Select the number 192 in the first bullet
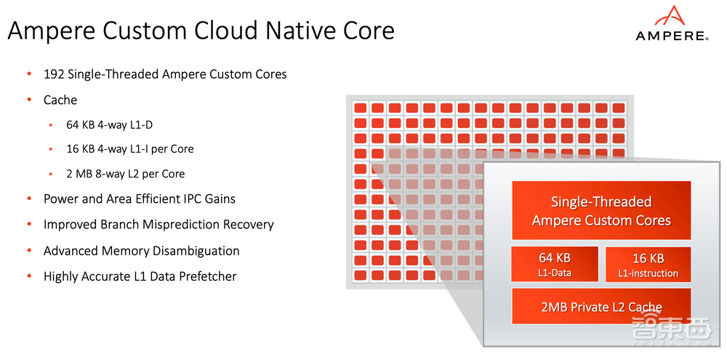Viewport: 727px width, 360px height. point(55,74)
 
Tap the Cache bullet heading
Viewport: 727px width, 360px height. point(60,100)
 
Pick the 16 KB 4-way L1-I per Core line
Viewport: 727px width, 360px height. point(129,149)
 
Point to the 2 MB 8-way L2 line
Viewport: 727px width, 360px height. point(125,174)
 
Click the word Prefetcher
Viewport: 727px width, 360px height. point(205,276)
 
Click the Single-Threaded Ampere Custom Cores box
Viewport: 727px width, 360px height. point(601,211)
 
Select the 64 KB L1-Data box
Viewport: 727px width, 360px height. point(555,265)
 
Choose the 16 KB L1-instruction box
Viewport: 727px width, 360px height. point(648,265)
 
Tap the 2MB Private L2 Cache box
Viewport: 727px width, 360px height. point(601,307)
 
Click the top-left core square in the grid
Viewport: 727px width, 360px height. point(360,108)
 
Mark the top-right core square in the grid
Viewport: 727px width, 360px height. point(619,108)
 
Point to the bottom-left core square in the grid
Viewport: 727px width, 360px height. point(360,276)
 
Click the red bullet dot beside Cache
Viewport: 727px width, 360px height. point(29,100)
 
